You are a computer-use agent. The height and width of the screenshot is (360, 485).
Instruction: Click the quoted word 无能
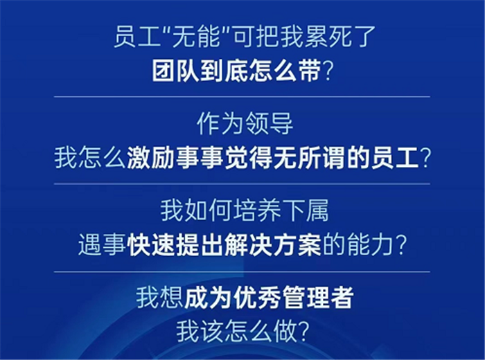[196, 37]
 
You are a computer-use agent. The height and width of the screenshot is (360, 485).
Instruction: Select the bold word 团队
[175, 72]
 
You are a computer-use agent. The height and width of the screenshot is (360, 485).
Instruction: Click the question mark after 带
[327, 72]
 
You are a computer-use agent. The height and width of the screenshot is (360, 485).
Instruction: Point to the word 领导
[269, 124]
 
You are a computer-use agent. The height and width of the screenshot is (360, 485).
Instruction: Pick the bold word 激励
[150, 159]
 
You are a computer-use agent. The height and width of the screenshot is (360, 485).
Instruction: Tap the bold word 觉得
[249, 159]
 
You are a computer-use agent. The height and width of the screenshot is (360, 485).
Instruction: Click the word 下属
[305, 210]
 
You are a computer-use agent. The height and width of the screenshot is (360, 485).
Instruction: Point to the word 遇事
[102, 245]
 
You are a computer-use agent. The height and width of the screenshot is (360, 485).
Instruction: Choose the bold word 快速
[151, 245]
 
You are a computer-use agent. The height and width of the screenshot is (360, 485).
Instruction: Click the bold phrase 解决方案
[273, 245]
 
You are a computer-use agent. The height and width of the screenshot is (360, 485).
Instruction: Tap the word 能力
[370, 245]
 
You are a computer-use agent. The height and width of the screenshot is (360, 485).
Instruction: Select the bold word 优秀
[257, 298]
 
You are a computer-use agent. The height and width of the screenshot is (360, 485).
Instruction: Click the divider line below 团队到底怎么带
[242, 97]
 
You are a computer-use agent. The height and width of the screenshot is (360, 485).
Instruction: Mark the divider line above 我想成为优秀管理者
[242, 272]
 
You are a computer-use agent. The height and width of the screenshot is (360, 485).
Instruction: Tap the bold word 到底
[224, 72]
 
